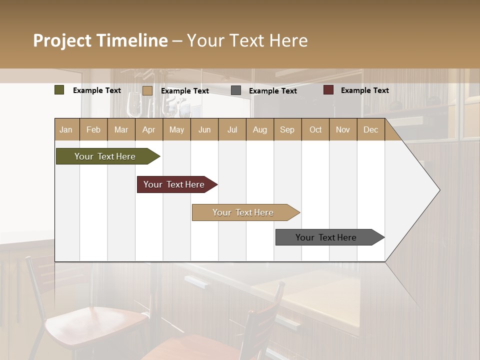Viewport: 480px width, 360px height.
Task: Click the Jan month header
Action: pos(66,129)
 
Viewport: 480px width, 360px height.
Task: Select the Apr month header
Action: pos(148,129)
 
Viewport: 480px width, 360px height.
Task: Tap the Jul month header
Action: pos(232,129)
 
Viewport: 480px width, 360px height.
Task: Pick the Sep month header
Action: pos(287,129)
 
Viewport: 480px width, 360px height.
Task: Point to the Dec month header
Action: pos(370,129)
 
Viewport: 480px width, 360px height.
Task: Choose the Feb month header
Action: pos(93,129)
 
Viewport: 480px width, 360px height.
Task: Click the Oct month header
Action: pos(315,129)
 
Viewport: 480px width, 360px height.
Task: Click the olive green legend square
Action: pos(59,90)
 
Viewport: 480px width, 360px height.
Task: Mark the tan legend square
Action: pos(147,90)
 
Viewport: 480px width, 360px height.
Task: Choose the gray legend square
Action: pos(236,90)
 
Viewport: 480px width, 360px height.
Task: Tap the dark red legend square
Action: pos(328,90)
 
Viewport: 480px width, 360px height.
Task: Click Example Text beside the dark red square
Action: pos(364,90)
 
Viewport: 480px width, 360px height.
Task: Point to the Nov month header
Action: pos(342,129)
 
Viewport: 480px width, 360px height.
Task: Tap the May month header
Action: pos(176,129)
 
